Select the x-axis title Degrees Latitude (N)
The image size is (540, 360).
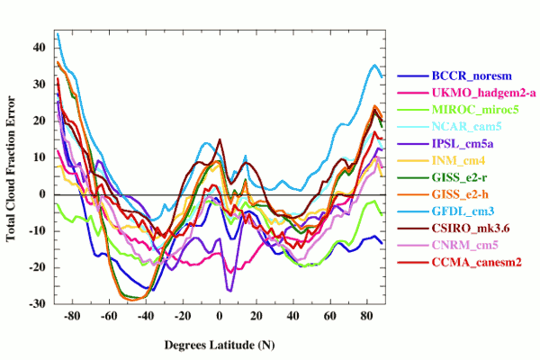220,345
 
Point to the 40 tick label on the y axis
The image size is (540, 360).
40,47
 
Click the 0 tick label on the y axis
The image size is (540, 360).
43,194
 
